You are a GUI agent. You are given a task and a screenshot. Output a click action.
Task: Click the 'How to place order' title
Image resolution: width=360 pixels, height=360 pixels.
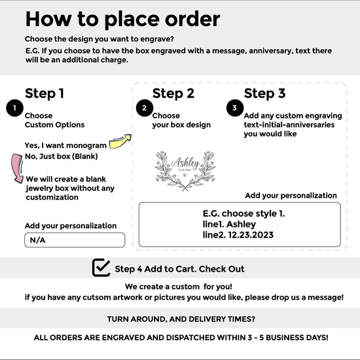122,20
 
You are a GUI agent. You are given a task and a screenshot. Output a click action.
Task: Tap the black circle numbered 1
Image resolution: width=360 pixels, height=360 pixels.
14,108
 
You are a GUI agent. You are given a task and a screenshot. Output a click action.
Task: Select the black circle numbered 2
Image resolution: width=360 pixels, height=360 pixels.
145,108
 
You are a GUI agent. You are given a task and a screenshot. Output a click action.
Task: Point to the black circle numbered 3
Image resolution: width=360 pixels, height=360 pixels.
235,108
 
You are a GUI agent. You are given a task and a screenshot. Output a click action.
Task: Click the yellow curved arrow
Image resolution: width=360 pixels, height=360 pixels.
119,142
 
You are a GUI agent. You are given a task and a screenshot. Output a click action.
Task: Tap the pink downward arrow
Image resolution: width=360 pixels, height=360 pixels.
16,168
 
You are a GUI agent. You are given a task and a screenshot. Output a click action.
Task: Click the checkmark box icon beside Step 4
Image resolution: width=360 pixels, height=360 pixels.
101,268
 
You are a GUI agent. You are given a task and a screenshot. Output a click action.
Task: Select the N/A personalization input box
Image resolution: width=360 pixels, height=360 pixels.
75,240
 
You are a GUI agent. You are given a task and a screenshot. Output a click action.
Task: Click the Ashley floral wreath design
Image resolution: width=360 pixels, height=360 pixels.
185,171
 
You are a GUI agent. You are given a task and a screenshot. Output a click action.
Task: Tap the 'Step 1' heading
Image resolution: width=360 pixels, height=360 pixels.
45,94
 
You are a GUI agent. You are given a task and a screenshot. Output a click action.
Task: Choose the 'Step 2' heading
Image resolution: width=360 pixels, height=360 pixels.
173,94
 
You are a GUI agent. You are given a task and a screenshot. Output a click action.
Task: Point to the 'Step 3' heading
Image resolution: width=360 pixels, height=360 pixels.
264,94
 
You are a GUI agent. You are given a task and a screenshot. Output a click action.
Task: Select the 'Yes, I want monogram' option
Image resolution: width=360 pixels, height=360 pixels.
65,145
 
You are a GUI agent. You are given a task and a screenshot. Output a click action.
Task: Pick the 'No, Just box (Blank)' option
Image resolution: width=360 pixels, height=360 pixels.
62,156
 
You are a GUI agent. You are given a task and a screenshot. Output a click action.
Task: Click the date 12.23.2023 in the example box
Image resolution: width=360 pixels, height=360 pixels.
251,235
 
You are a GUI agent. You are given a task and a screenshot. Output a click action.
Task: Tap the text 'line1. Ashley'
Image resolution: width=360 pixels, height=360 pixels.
229,225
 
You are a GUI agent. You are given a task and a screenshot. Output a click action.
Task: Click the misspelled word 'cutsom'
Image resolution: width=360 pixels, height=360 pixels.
97,297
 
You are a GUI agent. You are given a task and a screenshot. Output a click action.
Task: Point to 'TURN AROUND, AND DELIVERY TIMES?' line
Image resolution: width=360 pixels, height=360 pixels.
181,319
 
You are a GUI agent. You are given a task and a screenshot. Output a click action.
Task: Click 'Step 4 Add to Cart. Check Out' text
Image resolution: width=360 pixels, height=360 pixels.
179,269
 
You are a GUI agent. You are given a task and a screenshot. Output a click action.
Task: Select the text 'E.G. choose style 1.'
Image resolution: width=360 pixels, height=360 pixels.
243,214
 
